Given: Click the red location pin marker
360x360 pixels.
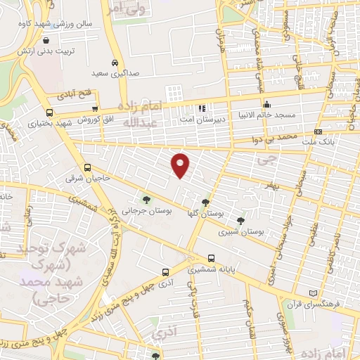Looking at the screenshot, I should [x=181, y=165].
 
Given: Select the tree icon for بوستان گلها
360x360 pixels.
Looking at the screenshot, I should [x=205, y=201].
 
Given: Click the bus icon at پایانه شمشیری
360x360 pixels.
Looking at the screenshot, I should [x=212, y=258].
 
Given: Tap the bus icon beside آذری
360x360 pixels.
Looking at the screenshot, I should [x=165, y=272].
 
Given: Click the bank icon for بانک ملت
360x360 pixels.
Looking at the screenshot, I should [x=319, y=131].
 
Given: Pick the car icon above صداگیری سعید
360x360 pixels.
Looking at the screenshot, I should [x=115, y=61].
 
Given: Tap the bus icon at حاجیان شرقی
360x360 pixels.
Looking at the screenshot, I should [x=87, y=167].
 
